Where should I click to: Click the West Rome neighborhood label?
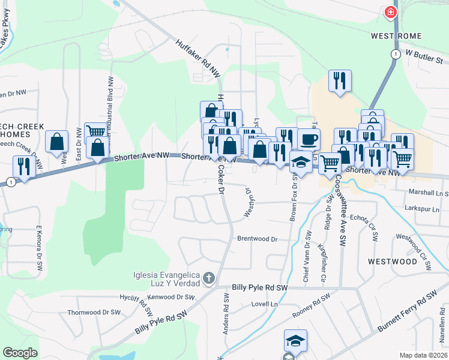coord(394,36)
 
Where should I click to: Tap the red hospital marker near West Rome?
coord(391,12)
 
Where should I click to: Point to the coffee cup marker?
coord(309,140)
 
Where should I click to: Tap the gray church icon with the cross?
coord(208,278)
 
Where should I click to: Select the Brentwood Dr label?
coord(258,239)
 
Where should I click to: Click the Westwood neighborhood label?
coord(392,262)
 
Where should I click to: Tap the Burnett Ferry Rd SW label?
coord(408,312)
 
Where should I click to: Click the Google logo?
coord(20,353)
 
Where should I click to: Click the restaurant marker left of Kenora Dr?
coord(23,166)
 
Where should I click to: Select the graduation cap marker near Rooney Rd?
coord(295,341)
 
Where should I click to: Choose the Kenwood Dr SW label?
coord(171,297)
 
